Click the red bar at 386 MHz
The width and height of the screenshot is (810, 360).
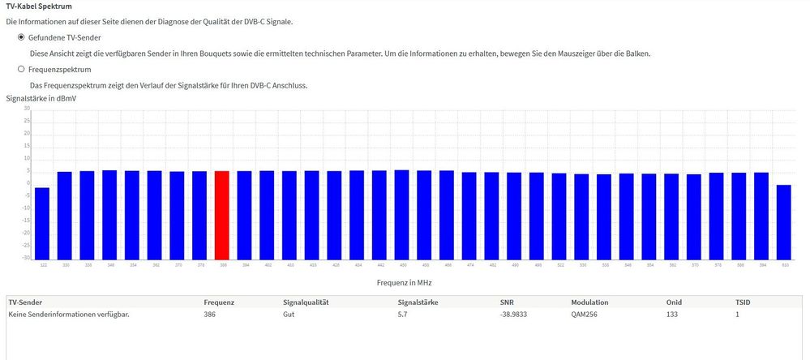coord(221,215)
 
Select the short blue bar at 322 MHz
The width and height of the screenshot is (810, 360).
coord(41,223)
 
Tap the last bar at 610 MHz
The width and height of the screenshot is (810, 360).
coord(783,221)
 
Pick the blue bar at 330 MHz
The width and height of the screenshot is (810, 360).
coord(64,215)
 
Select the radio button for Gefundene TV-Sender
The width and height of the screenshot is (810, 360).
coord(21,37)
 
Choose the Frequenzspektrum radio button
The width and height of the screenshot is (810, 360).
coord(21,70)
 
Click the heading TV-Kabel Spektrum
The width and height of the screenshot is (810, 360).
coord(40,6)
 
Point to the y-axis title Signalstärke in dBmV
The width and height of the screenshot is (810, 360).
coord(41,98)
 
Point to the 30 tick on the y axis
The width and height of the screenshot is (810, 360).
coord(27,109)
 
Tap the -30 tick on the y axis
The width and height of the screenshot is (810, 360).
coord(26,259)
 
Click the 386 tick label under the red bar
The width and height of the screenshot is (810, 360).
coord(221,265)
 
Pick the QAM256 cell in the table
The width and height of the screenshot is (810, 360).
coord(589,314)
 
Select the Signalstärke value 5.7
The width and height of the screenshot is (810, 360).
coord(402,314)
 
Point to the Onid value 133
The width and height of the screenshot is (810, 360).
coord(672,314)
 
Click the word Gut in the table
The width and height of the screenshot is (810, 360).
coord(288,314)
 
